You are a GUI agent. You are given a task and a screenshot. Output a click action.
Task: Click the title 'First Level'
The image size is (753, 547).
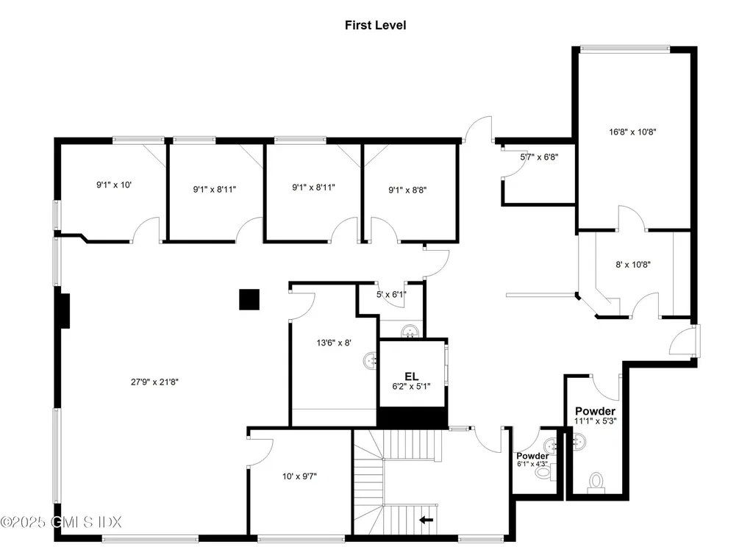pos(375,25)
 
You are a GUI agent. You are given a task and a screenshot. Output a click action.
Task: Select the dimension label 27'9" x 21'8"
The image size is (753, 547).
pos(152,382)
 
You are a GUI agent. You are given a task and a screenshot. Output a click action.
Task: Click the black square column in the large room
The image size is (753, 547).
pos(249,299)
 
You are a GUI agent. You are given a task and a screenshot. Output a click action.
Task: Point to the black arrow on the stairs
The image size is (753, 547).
pos(427,521)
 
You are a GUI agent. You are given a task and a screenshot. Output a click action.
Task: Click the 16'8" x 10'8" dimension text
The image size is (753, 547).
pos(632,132)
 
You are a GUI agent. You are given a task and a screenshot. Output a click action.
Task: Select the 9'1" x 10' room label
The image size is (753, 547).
pos(114,185)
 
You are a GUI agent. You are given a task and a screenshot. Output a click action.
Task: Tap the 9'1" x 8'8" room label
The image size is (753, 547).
pos(407,190)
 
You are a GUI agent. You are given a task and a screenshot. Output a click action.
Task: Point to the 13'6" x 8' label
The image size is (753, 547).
pos(334,342)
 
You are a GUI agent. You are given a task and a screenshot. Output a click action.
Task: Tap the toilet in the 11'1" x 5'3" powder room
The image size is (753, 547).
pos(595,482)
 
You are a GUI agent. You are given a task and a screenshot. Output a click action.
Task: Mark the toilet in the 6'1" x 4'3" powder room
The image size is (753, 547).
pos(543,472)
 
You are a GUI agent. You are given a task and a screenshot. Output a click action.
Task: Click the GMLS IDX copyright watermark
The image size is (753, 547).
pos(61,522)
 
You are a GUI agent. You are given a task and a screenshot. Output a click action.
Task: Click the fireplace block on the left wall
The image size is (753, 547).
pos(65,310)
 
